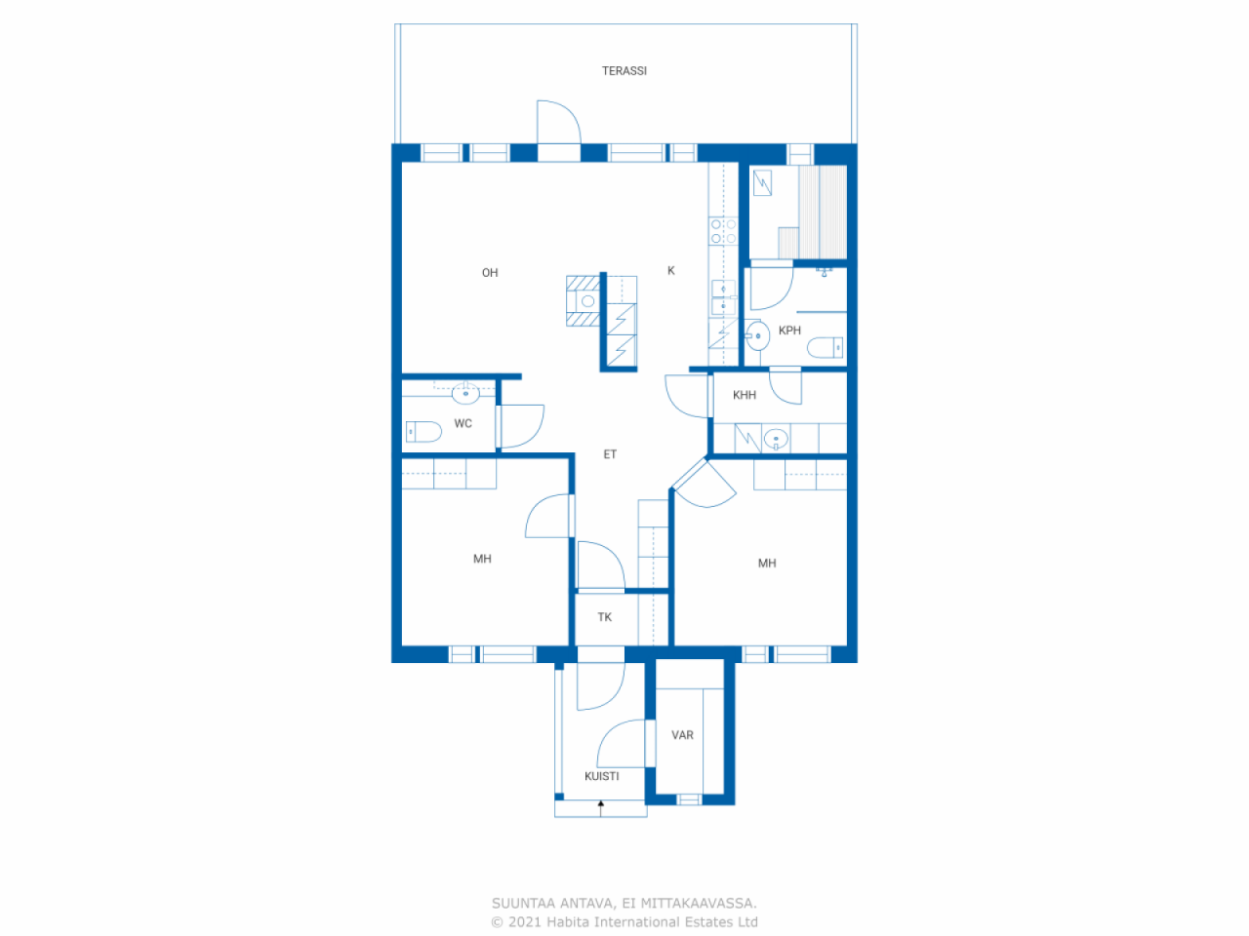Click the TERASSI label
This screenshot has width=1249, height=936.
(624, 71)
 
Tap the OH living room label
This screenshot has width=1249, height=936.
(490, 273)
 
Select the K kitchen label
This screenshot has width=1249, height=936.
(671, 271)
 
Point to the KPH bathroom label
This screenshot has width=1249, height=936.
(789, 331)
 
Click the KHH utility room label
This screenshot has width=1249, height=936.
(745, 395)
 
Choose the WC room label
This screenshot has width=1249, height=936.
(463, 424)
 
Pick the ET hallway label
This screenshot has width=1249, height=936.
(610, 454)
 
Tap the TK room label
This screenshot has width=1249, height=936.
(605, 617)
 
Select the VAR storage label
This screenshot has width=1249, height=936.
(682, 735)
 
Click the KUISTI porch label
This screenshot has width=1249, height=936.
(601, 776)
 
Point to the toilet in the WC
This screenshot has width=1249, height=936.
(423, 431)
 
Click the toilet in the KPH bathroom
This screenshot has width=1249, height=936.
(826, 347)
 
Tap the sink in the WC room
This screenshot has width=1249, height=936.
(465, 394)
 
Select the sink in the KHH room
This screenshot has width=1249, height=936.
(776, 439)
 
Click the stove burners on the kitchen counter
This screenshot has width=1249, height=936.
(723, 231)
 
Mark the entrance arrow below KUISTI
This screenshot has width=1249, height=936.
(601, 806)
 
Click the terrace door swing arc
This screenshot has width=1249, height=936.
(559, 122)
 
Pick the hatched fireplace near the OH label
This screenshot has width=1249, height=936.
(584, 300)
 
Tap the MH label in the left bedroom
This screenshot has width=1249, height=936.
(482, 560)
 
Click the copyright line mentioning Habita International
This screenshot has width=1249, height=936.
(624, 922)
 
